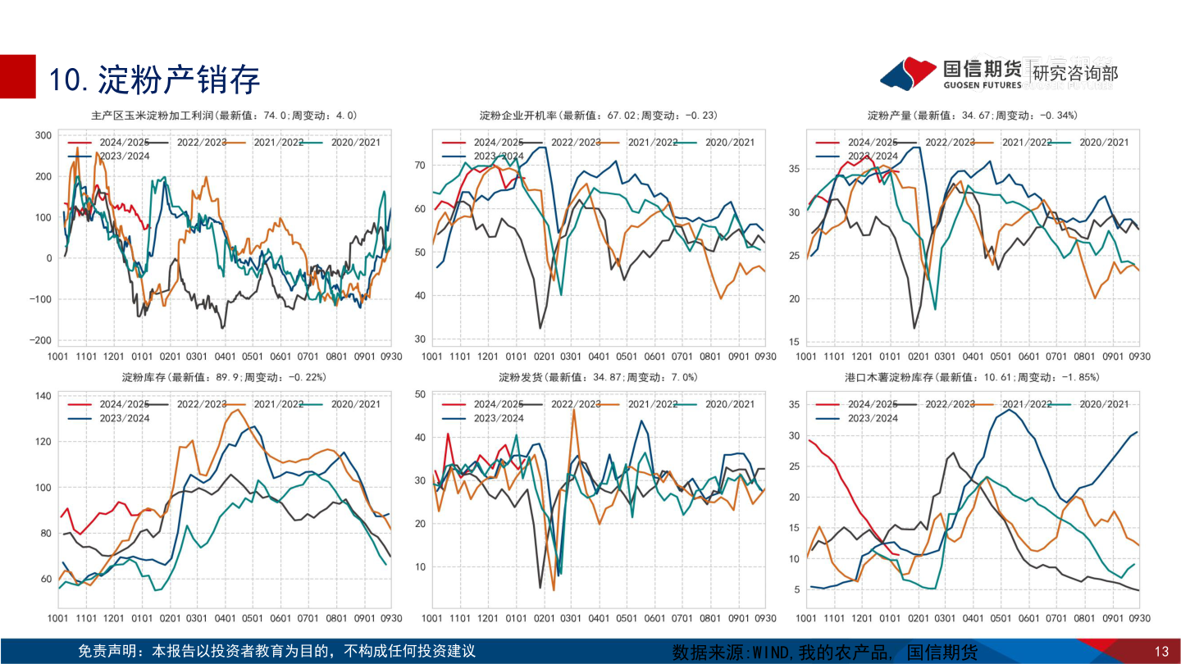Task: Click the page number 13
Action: click(x=1160, y=652)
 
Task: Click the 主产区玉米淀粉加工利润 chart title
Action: click(x=224, y=115)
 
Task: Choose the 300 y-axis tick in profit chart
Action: click(x=43, y=135)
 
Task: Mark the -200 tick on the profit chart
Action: click(x=39, y=340)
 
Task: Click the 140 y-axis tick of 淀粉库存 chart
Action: click(x=43, y=396)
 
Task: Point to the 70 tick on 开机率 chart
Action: click(x=419, y=166)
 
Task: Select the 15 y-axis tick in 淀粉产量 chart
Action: click(x=795, y=342)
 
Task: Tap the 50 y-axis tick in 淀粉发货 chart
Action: click(x=419, y=394)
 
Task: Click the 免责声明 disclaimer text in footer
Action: click(x=276, y=652)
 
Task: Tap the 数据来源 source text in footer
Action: click(x=825, y=653)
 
